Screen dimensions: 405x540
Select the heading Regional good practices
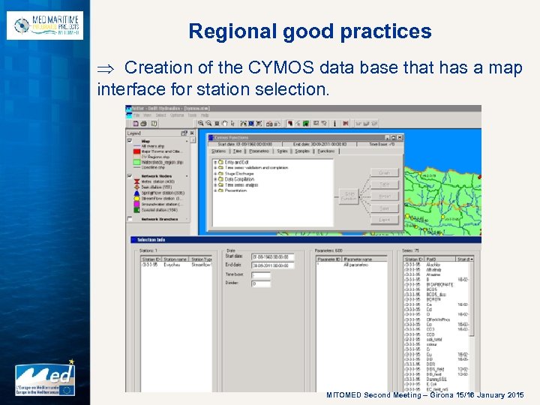coord(310,31)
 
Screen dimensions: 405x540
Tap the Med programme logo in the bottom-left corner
coord(46,379)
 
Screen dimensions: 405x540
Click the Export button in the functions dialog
coord(384,220)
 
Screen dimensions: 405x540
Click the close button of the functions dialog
coord(399,138)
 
